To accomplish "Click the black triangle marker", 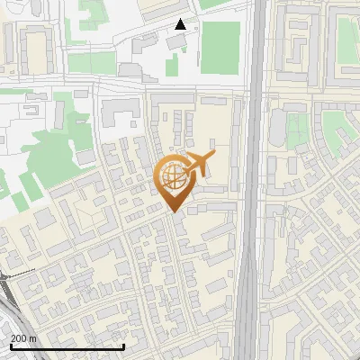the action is (181, 24).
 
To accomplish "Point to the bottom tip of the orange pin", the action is (172, 211).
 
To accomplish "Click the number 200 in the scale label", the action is (18, 338).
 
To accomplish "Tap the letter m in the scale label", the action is (33, 338).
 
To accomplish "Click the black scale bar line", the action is (67, 346).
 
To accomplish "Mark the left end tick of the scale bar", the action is (11, 345).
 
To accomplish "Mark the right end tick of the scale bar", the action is (123, 345).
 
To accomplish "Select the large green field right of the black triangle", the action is (220, 49).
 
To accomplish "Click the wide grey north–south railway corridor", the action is (254, 180).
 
